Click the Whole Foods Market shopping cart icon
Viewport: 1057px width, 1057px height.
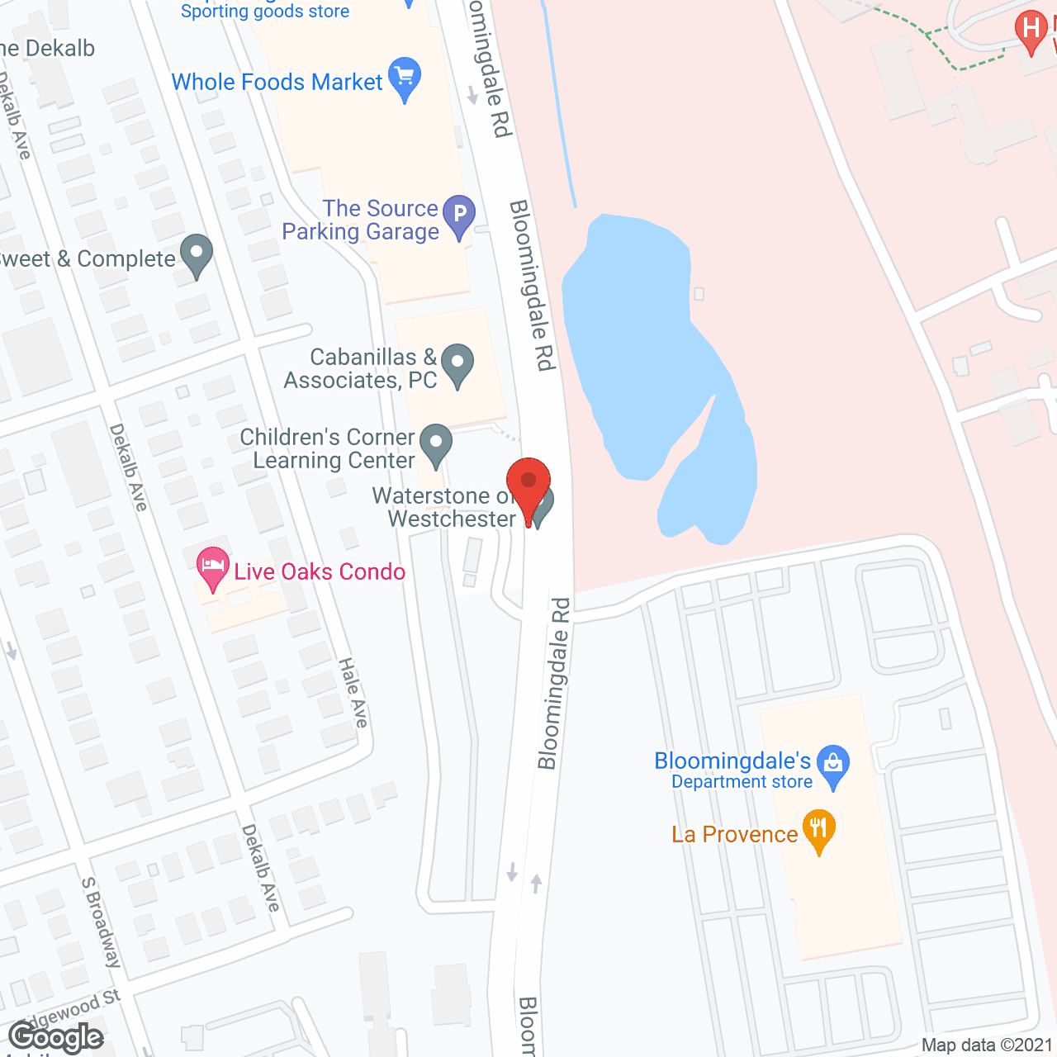click(x=405, y=77)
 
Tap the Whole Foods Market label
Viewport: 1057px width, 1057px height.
click(x=277, y=83)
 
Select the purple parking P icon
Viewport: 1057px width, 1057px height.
click(x=459, y=215)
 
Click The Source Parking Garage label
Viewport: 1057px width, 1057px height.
click(x=360, y=220)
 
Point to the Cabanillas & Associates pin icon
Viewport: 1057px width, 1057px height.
click(x=457, y=363)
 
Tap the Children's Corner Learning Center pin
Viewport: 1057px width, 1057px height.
click(x=435, y=443)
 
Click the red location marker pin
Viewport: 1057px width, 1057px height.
click(x=528, y=487)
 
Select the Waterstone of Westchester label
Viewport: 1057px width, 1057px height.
click(x=444, y=507)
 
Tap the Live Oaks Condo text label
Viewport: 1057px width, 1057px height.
click(x=320, y=571)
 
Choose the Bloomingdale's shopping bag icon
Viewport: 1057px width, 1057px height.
click(x=832, y=765)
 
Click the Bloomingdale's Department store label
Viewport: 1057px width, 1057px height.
click(x=733, y=770)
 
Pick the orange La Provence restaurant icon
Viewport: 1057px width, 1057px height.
click(x=818, y=829)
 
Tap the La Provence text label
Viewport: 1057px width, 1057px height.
click(x=734, y=834)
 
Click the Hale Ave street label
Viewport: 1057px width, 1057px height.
click(x=353, y=693)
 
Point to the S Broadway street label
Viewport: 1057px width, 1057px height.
click(x=101, y=922)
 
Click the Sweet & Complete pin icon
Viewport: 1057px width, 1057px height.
click(x=197, y=254)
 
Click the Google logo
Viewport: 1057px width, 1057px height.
click(x=55, y=1037)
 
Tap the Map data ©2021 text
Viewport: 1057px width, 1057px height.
click(x=987, y=1045)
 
